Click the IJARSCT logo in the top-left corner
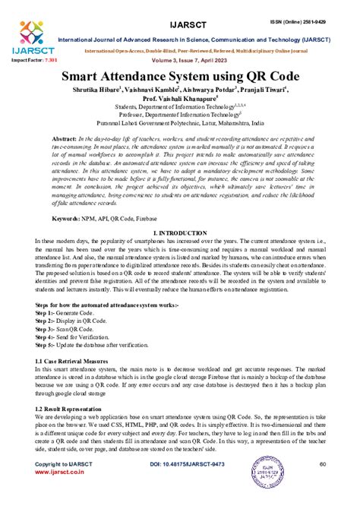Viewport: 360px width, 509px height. click(x=28, y=33)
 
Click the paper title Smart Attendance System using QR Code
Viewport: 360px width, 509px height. click(x=179, y=77)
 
